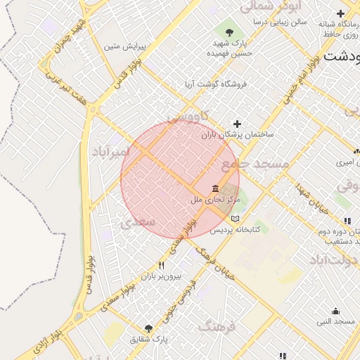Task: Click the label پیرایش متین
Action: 124,47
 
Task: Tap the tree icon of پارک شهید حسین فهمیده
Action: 229,30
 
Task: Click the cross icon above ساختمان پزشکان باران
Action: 237,124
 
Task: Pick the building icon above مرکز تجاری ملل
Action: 215,188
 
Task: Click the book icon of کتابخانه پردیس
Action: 235,219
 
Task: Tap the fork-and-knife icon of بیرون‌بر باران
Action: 162,265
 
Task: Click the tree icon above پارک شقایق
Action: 148,328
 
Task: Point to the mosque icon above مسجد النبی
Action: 335,311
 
